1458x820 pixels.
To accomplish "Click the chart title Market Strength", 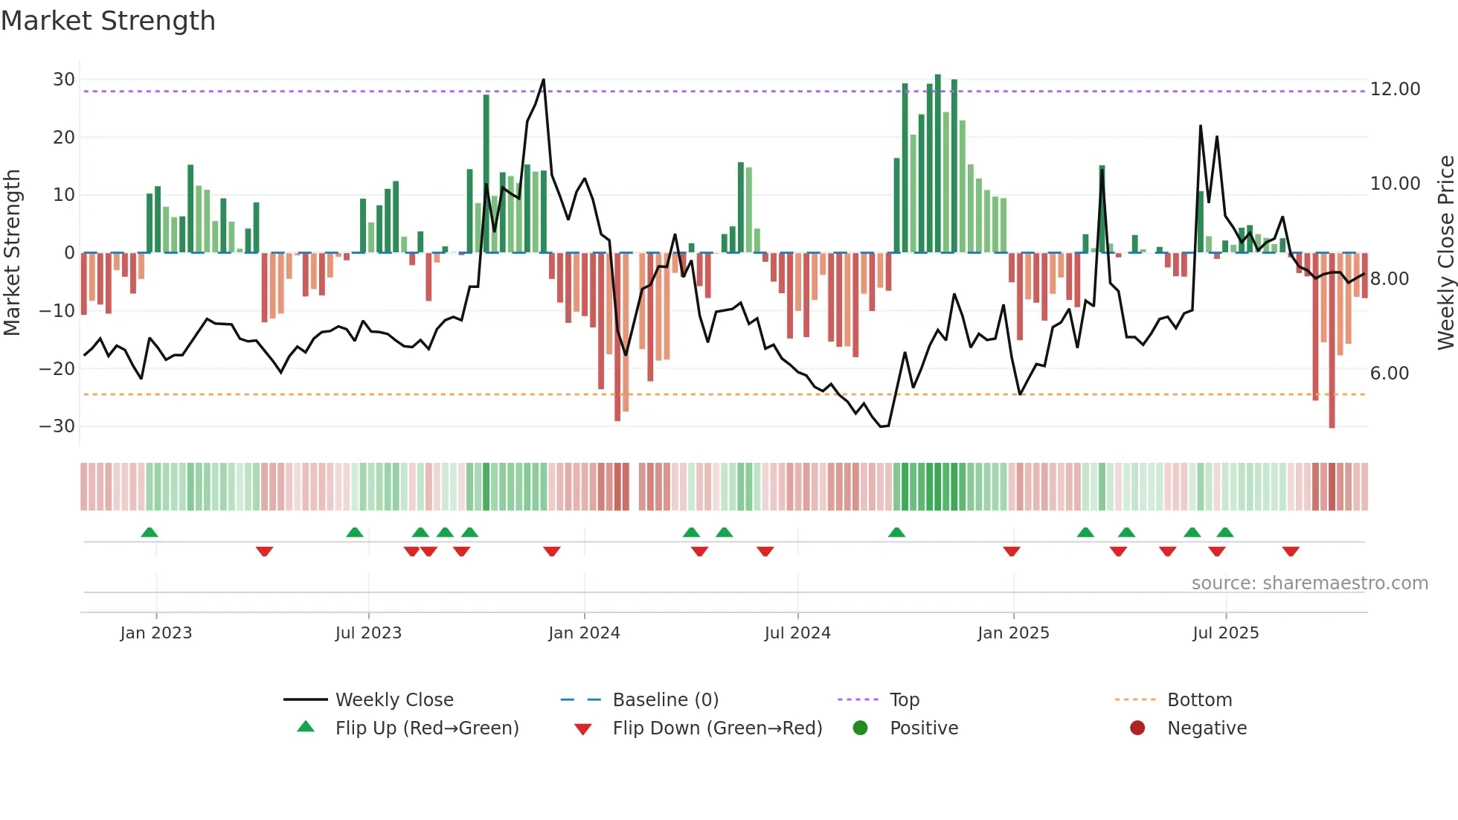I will [x=108, y=21].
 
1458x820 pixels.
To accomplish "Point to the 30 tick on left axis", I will [x=64, y=80].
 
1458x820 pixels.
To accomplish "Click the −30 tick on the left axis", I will [x=57, y=426].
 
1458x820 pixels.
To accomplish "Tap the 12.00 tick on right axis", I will [x=1395, y=89].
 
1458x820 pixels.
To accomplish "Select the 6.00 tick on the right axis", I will [x=1389, y=374].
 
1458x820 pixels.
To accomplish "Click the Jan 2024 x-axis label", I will [x=584, y=633].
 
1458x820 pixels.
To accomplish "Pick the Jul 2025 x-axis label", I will [x=1225, y=633].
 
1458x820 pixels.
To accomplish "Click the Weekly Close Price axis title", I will [x=1445, y=252].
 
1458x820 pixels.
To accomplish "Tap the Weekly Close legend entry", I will [x=394, y=700].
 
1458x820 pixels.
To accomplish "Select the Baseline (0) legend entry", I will [x=665, y=700].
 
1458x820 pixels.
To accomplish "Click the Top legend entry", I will [x=904, y=700].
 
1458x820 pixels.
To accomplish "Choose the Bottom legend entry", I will [x=1199, y=700].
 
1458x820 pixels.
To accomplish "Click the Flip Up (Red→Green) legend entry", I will [x=426, y=728].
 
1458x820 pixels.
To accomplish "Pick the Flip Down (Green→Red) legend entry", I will [x=717, y=728].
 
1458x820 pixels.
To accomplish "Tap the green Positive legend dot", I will [x=861, y=728].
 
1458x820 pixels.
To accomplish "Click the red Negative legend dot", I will [x=1137, y=728].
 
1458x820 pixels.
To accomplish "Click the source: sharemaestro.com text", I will [x=1309, y=583].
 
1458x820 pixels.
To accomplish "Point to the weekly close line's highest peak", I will [x=544, y=80].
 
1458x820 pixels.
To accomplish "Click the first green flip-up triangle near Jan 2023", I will [x=150, y=533].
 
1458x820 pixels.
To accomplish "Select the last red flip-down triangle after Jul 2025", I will [x=1291, y=551].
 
